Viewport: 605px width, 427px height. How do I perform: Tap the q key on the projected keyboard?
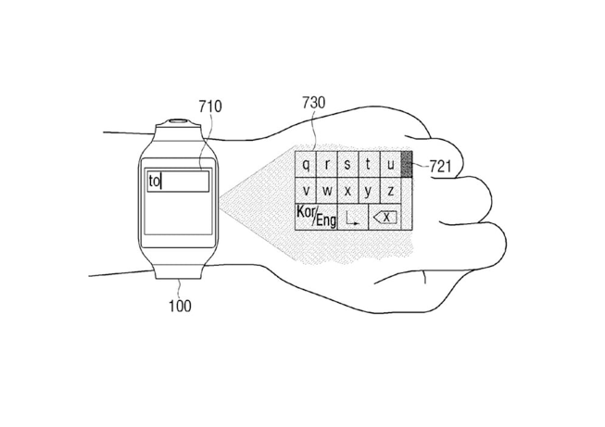306,164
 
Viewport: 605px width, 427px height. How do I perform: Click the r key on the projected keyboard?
327,164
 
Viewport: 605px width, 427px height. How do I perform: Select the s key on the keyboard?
348,164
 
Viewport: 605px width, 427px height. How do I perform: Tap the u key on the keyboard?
390,164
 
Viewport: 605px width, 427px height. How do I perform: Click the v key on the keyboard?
306,191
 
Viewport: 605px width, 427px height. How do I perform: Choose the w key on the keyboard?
327,191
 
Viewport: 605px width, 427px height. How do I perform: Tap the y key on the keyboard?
370,191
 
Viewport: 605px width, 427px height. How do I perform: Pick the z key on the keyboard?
390,191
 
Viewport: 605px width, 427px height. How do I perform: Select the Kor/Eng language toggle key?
316,217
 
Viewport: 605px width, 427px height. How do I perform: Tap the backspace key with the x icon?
385,217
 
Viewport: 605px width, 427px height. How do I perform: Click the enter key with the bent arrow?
353,217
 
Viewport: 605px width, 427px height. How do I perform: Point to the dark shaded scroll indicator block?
407,164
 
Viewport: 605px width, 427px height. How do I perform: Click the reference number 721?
440,167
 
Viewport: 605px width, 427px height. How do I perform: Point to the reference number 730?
314,103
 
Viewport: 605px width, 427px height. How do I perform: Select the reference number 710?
210,107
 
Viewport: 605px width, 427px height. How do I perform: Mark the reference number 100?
180,306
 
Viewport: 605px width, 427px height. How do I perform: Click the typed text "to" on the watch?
154,181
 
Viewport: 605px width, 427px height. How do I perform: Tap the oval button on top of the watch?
178,120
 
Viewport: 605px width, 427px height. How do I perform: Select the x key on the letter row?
348,191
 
